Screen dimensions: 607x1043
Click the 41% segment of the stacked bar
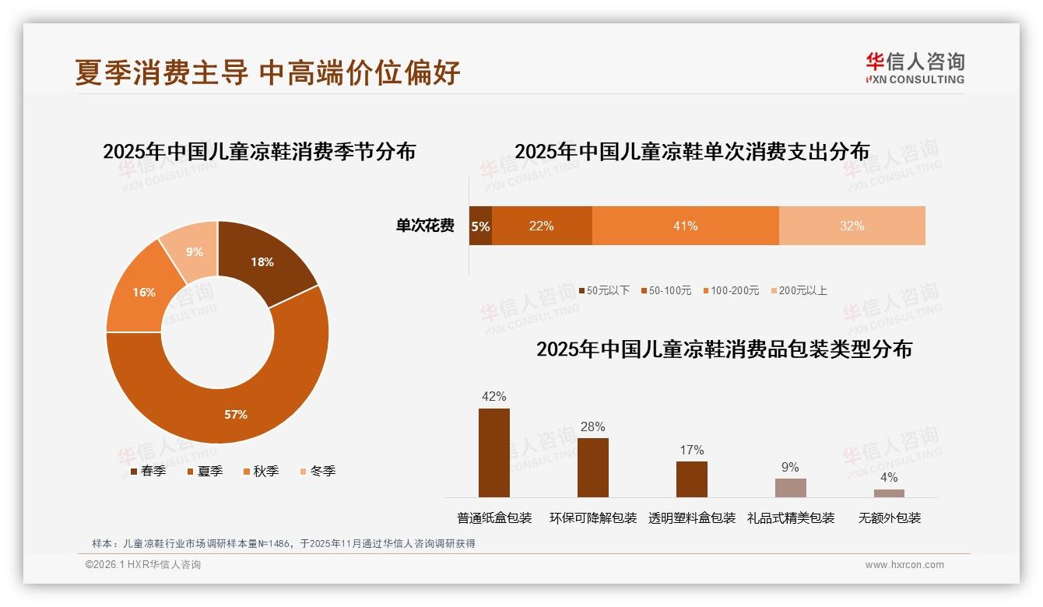tap(685, 226)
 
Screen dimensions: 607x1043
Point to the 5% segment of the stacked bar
tap(480, 226)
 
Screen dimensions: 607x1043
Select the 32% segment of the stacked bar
tap(852, 226)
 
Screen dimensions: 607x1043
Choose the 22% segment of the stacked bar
tap(542, 226)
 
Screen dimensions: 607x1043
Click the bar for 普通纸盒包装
tap(493, 453)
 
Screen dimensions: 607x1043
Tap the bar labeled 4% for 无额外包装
tap(889, 493)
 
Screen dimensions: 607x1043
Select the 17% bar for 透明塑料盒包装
tap(691, 479)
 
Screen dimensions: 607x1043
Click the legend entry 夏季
tap(205, 471)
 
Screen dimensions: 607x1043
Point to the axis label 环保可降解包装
tap(592, 518)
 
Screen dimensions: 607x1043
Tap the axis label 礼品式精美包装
tap(790, 518)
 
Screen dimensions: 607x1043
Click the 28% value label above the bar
tap(592, 426)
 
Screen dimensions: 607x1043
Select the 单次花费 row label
tap(425, 226)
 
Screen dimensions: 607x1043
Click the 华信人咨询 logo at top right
tap(915, 68)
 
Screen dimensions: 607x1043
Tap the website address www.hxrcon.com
tap(904, 565)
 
